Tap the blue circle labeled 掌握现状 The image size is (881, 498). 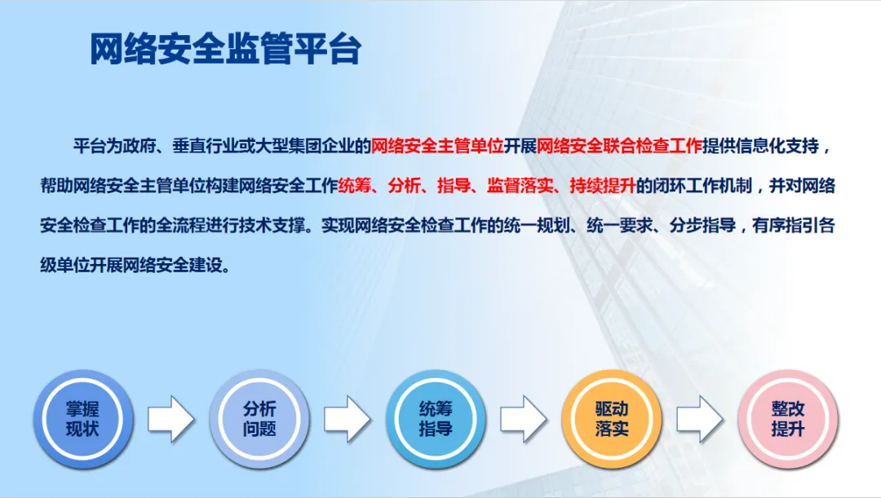(x=82, y=418)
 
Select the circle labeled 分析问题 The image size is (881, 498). (x=259, y=418)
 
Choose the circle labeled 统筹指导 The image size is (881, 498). (x=436, y=418)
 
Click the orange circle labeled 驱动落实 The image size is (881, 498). (x=612, y=418)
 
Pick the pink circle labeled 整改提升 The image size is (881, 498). (x=787, y=418)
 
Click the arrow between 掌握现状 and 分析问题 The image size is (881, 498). (x=170, y=419)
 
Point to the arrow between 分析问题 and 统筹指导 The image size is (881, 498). (x=347, y=419)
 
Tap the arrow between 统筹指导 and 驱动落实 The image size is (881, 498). (x=524, y=419)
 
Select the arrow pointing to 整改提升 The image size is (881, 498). (x=699, y=419)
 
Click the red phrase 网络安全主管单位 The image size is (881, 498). (x=437, y=147)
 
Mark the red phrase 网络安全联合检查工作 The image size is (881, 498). (x=619, y=147)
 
